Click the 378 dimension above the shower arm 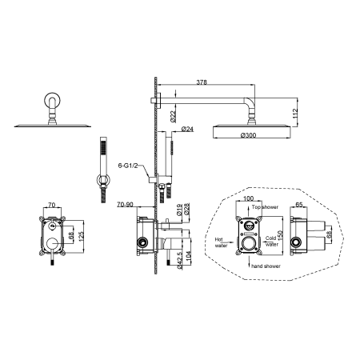point(202,82)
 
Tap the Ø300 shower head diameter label point(248,135)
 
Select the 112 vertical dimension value point(294,114)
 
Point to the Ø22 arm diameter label point(173,117)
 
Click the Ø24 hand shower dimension point(187,129)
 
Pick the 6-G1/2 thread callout point(128,166)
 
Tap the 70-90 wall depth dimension point(125,205)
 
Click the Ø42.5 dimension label point(179,261)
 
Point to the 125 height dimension point(82,237)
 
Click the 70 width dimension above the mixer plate point(51,205)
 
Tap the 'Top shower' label point(265,207)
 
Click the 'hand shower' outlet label point(266,266)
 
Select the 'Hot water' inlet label point(221,242)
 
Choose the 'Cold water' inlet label point(271,241)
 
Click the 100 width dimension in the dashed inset point(249,198)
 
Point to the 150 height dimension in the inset point(280,236)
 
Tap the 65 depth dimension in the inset point(299,205)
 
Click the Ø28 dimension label point(186,209)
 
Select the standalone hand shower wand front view point(103,170)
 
